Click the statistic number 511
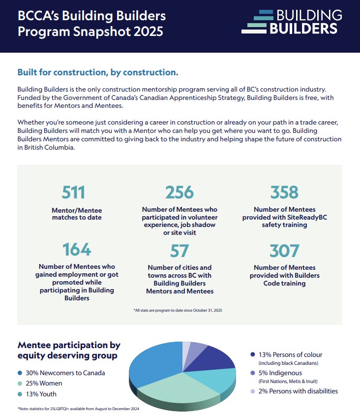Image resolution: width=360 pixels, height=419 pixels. (74, 192)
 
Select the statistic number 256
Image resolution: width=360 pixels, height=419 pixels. (180, 192)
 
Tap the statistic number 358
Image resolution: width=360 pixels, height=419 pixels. (284, 192)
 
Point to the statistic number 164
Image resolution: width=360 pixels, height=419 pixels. (77, 249)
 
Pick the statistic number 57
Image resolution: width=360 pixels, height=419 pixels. (180, 251)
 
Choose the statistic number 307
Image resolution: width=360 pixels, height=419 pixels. (284, 251)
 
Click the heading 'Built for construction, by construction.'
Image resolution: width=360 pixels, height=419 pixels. (98, 72)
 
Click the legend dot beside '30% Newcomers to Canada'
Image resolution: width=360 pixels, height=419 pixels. (20, 373)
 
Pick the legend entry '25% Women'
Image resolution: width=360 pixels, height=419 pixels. (43, 383)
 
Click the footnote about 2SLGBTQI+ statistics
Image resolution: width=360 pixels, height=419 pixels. (79, 409)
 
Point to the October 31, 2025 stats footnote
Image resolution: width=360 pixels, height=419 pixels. (178, 310)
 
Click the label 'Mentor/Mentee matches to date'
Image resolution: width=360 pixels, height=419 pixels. (77, 214)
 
